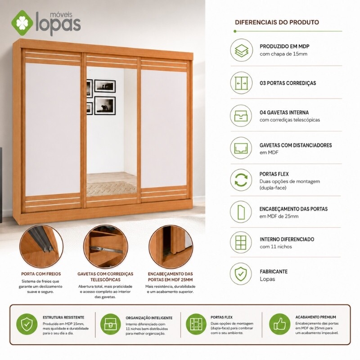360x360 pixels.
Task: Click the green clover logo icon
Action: (22, 23)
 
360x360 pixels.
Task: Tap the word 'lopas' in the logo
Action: (58, 24)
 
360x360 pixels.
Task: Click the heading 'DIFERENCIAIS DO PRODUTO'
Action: (277, 22)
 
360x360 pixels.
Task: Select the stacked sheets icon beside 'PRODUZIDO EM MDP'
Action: (241, 50)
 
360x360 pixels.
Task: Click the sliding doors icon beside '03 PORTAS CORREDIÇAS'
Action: (241, 83)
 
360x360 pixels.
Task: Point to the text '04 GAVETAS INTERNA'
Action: (284, 112)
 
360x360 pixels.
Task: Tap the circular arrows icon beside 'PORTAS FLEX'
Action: (241, 180)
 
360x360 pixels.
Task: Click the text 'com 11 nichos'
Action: (276, 247)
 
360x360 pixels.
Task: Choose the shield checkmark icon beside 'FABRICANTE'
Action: (241, 274)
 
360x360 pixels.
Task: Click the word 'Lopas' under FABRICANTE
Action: (267, 279)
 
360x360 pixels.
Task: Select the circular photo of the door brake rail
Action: (41, 246)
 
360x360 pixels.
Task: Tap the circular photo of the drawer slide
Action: (106, 246)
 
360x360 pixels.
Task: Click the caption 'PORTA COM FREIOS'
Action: (41, 274)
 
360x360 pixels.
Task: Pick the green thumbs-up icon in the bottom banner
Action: (279, 324)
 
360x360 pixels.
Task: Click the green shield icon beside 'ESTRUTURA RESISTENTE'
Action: (27, 324)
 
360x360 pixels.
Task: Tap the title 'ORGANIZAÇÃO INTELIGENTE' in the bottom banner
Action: (149, 318)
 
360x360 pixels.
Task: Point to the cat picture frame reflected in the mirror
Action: (105, 106)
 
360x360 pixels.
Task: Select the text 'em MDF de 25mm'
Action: (279, 216)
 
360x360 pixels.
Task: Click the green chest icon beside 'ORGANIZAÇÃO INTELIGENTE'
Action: (111, 324)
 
